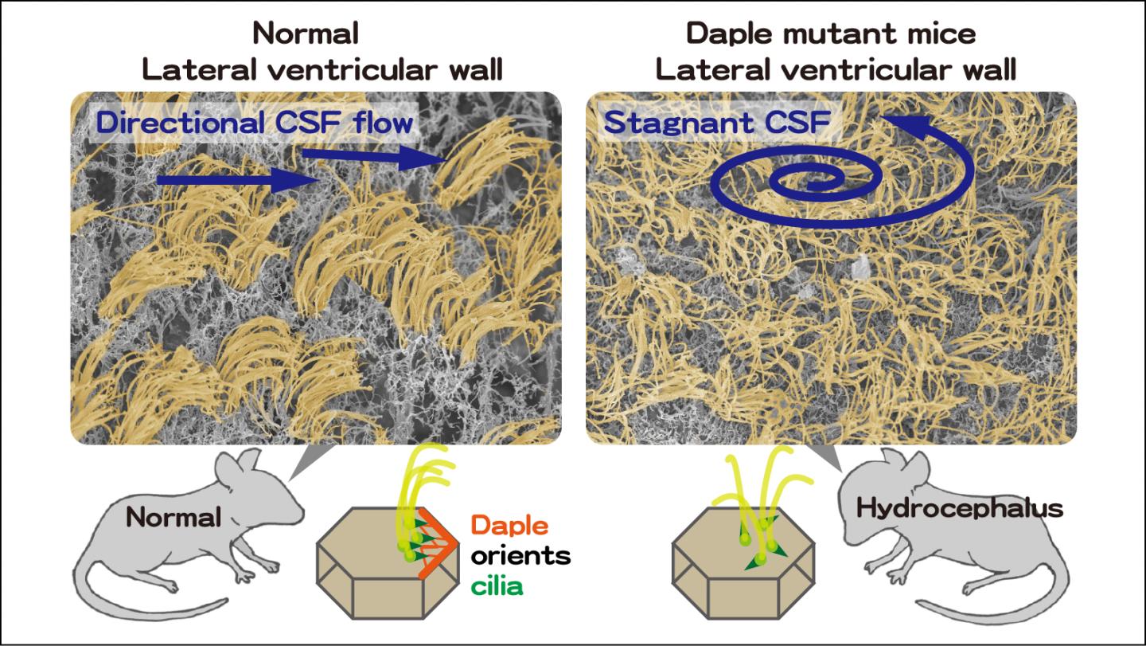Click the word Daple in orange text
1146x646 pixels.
point(509,526)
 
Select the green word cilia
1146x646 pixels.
point(497,587)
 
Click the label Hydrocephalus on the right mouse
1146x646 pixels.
point(958,509)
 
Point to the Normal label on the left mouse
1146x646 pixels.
point(173,518)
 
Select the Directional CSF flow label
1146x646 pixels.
point(254,123)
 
